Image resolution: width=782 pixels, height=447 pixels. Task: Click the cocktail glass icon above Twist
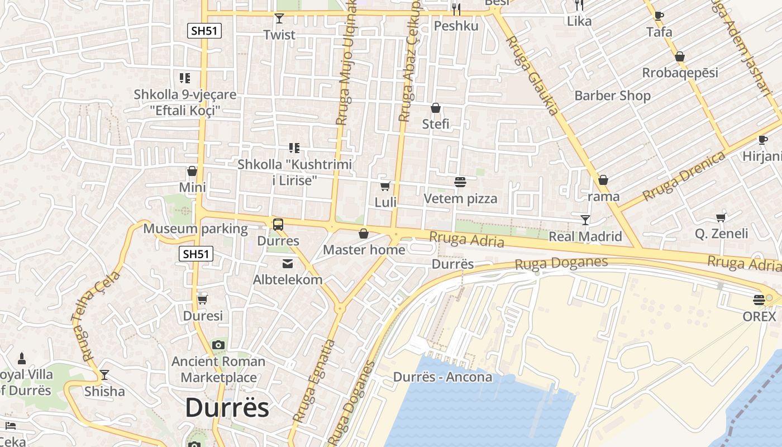pyautogui.click(x=279, y=18)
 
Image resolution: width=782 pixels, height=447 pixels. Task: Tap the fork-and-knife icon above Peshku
pyautogui.click(x=456, y=9)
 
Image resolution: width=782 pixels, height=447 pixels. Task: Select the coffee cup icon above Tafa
pyautogui.click(x=659, y=16)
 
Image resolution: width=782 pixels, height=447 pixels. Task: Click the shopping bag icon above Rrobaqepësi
pyautogui.click(x=680, y=56)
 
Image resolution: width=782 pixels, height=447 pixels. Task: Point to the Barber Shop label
pyautogui.click(x=612, y=96)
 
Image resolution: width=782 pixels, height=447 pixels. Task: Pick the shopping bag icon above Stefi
pyautogui.click(x=436, y=108)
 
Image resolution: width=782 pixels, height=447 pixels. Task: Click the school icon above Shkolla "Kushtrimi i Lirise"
pyautogui.click(x=294, y=148)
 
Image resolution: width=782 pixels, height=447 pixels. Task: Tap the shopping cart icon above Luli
pyautogui.click(x=385, y=186)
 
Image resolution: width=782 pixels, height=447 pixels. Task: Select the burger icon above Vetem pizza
pyautogui.click(x=460, y=182)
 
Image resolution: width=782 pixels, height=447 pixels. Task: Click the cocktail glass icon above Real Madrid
pyautogui.click(x=585, y=220)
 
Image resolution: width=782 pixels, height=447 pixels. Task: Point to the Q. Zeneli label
pyautogui.click(x=721, y=233)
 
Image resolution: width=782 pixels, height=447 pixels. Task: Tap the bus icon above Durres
pyautogui.click(x=278, y=225)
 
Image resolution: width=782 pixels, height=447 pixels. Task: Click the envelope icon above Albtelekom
pyautogui.click(x=288, y=264)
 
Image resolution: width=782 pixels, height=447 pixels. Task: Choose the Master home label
pyautogui.click(x=364, y=250)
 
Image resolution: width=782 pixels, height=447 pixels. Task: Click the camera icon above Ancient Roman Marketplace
pyautogui.click(x=218, y=345)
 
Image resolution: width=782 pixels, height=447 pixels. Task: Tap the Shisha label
pyautogui.click(x=104, y=391)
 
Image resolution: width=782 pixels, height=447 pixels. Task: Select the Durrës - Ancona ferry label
pyautogui.click(x=442, y=377)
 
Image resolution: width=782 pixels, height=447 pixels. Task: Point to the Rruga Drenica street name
pyautogui.click(x=684, y=176)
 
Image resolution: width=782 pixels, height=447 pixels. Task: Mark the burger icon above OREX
pyautogui.click(x=759, y=300)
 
